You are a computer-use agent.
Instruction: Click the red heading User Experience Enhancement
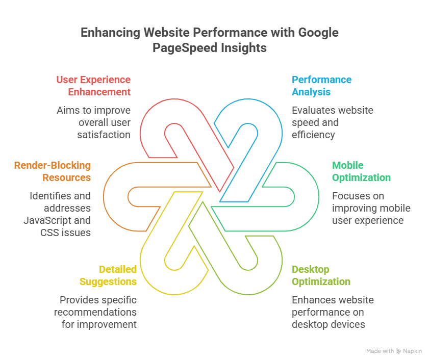tap(93, 86)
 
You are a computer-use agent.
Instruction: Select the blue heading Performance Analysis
tap(321, 86)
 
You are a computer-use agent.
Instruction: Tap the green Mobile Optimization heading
tap(361, 171)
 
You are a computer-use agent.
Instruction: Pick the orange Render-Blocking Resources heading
tap(53, 171)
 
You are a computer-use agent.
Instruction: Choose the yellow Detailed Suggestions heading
tap(108, 275)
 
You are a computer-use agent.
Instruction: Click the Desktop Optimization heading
tap(321, 275)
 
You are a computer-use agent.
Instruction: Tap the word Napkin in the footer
tap(413, 351)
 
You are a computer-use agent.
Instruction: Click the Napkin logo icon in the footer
tap(398, 351)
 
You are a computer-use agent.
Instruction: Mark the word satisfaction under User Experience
tap(104, 135)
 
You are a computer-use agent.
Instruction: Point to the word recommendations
tap(95, 312)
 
